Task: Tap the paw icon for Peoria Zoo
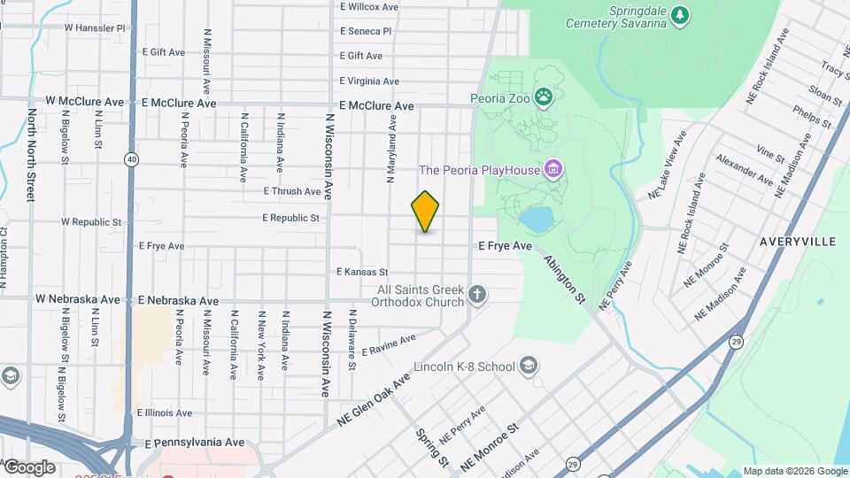point(545,96)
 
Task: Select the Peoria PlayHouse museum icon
point(553,168)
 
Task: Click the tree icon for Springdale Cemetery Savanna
point(679,14)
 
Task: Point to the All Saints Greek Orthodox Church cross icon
point(477,295)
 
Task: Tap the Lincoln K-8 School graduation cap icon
point(529,366)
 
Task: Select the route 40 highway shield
point(131,159)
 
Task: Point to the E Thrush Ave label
point(291,191)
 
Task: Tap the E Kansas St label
point(362,272)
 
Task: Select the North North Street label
point(31,155)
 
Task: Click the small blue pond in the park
point(536,218)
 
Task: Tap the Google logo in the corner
point(28,466)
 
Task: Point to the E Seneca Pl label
point(365,31)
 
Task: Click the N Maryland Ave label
point(390,149)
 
